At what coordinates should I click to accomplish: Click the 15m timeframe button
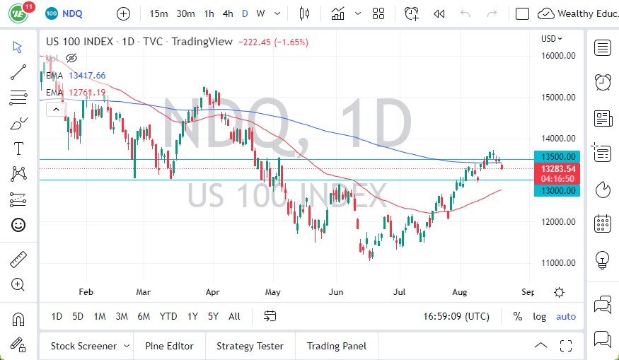tap(159, 13)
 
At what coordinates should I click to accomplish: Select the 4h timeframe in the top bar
tap(228, 13)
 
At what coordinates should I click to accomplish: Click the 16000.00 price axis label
tap(557, 55)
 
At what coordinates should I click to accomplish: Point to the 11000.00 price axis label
tap(557, 262)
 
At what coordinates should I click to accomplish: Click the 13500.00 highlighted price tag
tap(558, 156)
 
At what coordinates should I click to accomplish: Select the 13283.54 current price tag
tap(558, 168)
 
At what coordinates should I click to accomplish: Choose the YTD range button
tap(168, 316)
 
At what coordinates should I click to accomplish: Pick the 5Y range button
tap(213, 316)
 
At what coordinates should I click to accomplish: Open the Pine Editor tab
tap(169, 346)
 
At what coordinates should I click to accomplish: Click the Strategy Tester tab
tap(250, 346)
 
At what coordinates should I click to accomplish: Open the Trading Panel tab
tap(336, 346)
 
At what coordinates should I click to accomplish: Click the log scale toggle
tap(539, 316)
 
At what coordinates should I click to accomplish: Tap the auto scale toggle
tap(566, 316)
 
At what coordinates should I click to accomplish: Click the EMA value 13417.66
tap(87, 76)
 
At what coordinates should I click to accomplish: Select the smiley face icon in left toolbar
tap(19, 225)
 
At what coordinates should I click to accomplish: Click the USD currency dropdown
tap(552, 39)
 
